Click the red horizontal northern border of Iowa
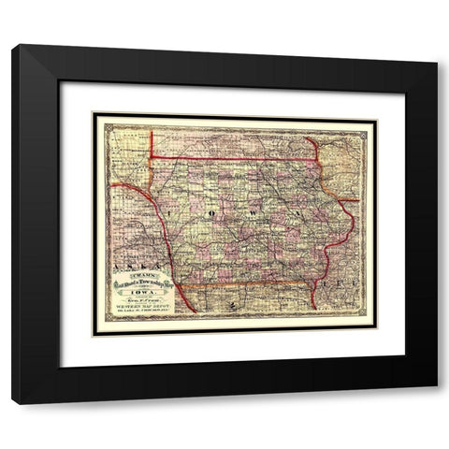tap(234, 159)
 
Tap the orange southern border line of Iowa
tap(243, 282)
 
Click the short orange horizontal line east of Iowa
tap(348, 199)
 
